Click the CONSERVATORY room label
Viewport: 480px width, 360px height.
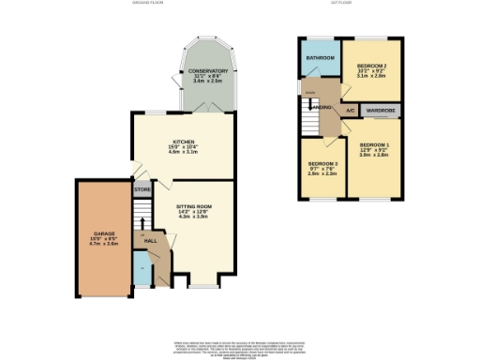point(208,71)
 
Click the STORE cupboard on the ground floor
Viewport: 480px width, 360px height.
point(142,190)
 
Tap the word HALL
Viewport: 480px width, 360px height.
point(150,241)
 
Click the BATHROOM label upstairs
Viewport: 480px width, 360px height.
point(319,58)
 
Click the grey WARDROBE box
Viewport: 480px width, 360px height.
point(380,111)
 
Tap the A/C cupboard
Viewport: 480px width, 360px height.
point(349,111)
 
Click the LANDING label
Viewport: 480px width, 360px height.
point(322,108)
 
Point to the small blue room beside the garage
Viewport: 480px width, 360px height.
point(141,273)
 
